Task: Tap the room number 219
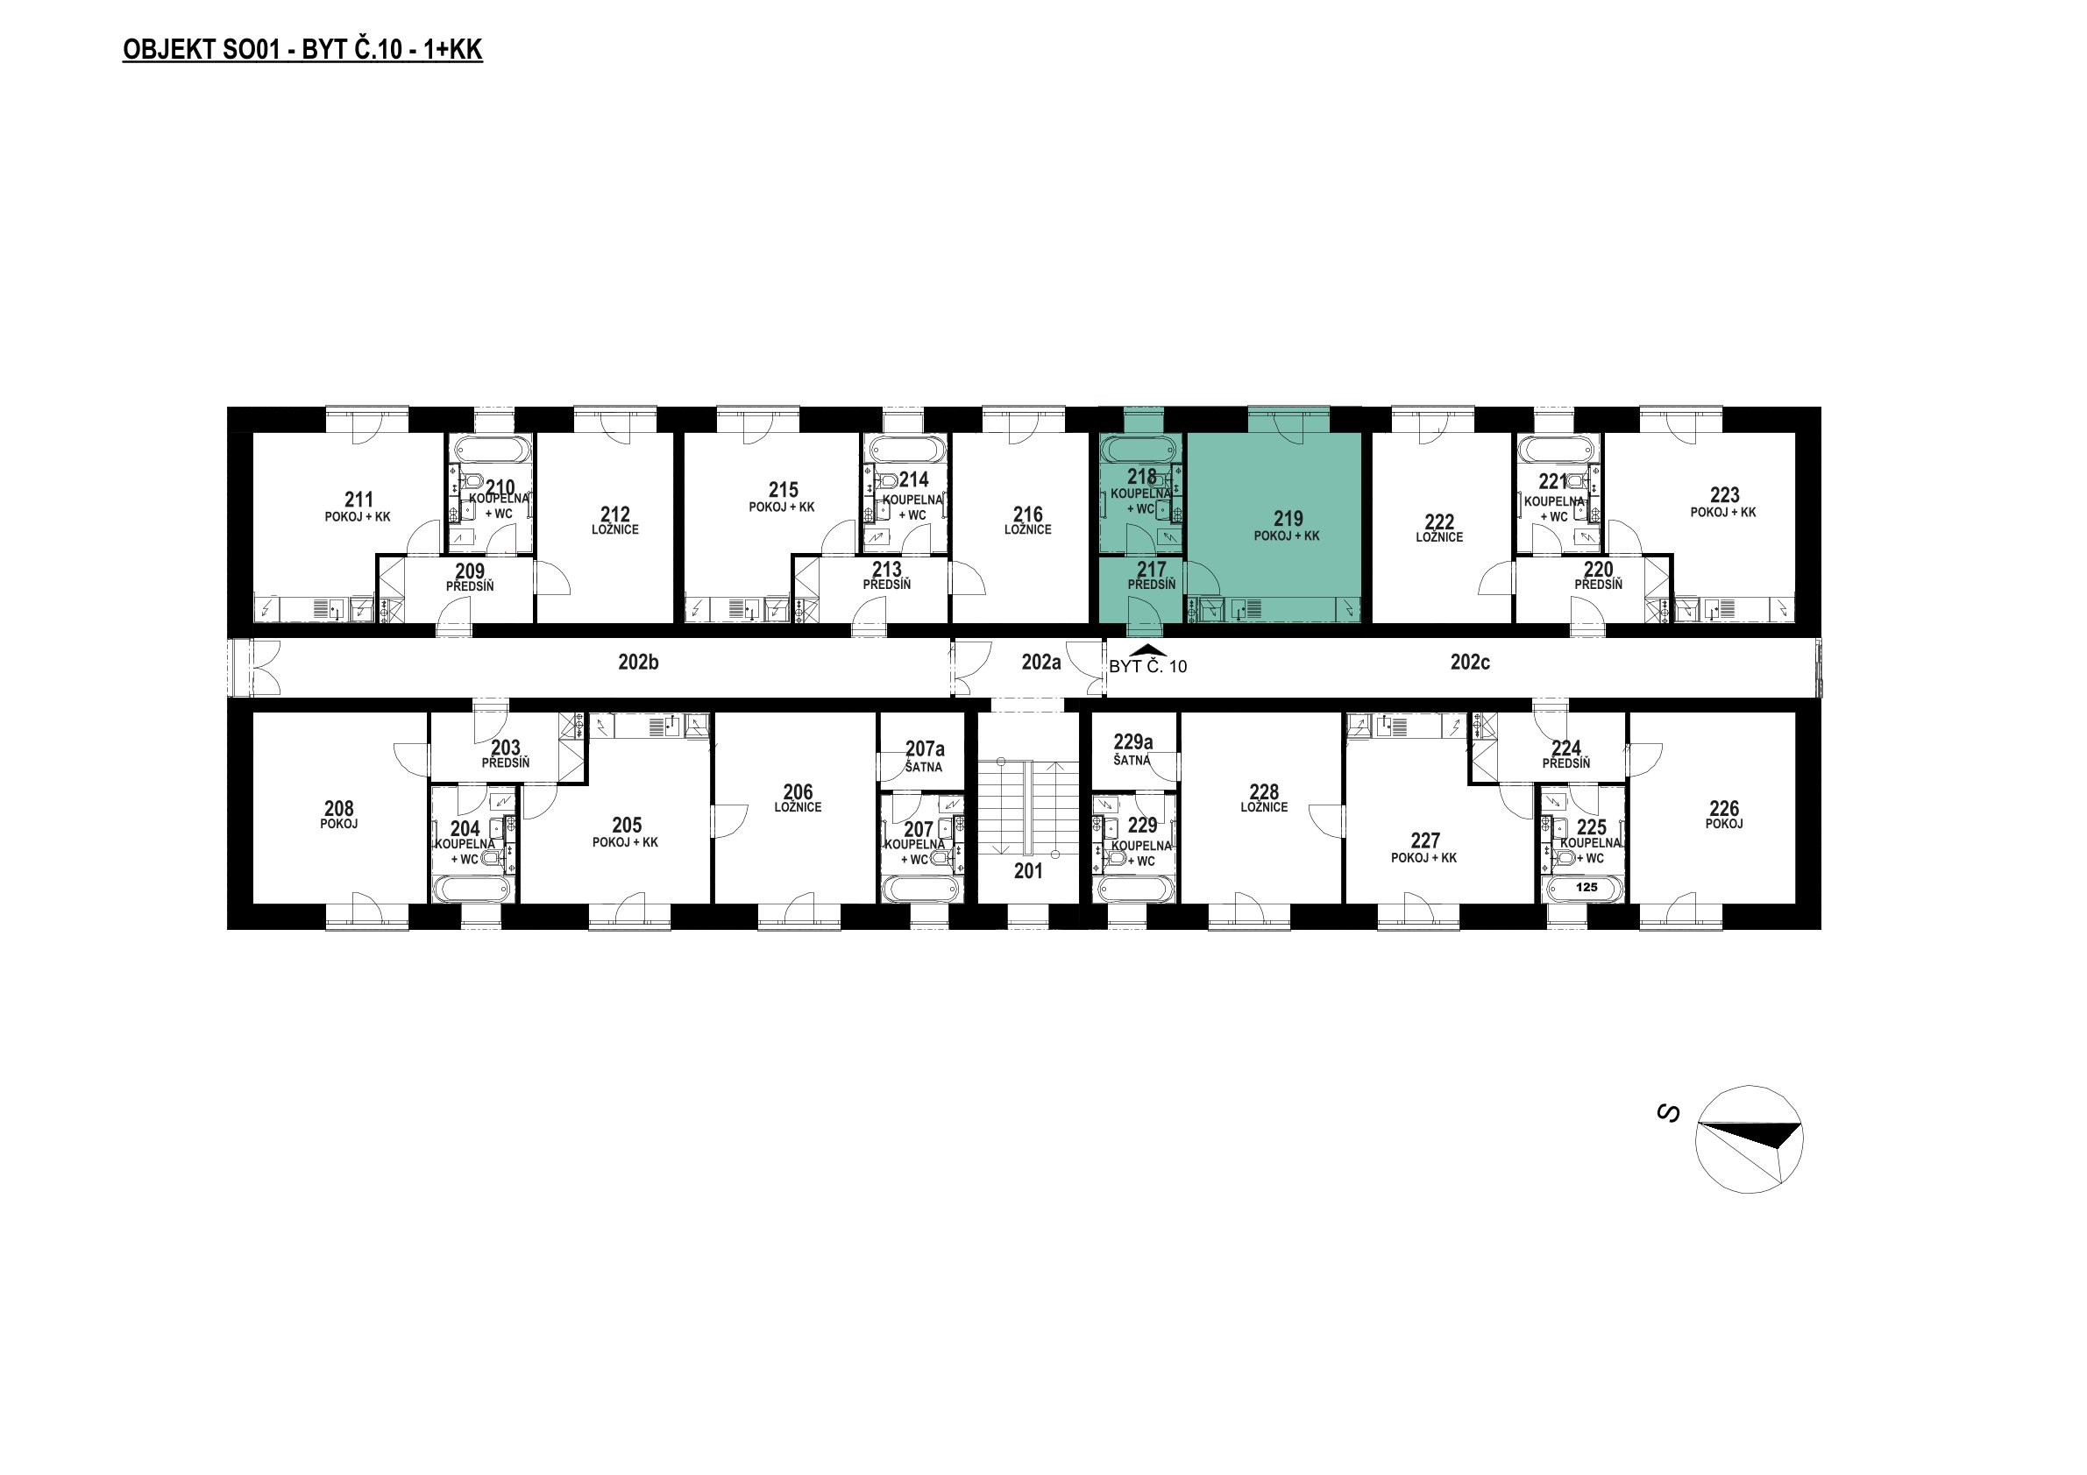click(x=1288, y=519)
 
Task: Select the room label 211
click(x=359, y=500)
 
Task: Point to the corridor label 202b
click(x=638, y=663)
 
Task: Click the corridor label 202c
click(x=1470, y=663)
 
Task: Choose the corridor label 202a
click(x=1040, y=663)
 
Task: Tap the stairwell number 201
click(x=1028, y=870)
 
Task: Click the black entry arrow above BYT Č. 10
click(x=1148, y=649)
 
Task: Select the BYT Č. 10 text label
click(x=1148, y=667)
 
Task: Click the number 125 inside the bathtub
click(x=1587, y=887)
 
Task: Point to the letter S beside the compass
click(x=1668, y=1112)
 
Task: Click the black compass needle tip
click(x=1800, y=1126)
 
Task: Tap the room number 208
click(x=339, y=809)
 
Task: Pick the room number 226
click(x=1724, y=809)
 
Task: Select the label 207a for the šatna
click(x=925, y=748)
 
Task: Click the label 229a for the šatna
click(x=1133, y=742)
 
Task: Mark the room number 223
click(x=1724, y=495)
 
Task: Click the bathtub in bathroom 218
click(x=1140, y=449)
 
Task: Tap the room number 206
click(x=799, y=792)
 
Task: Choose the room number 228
click(x=1264, y=792)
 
